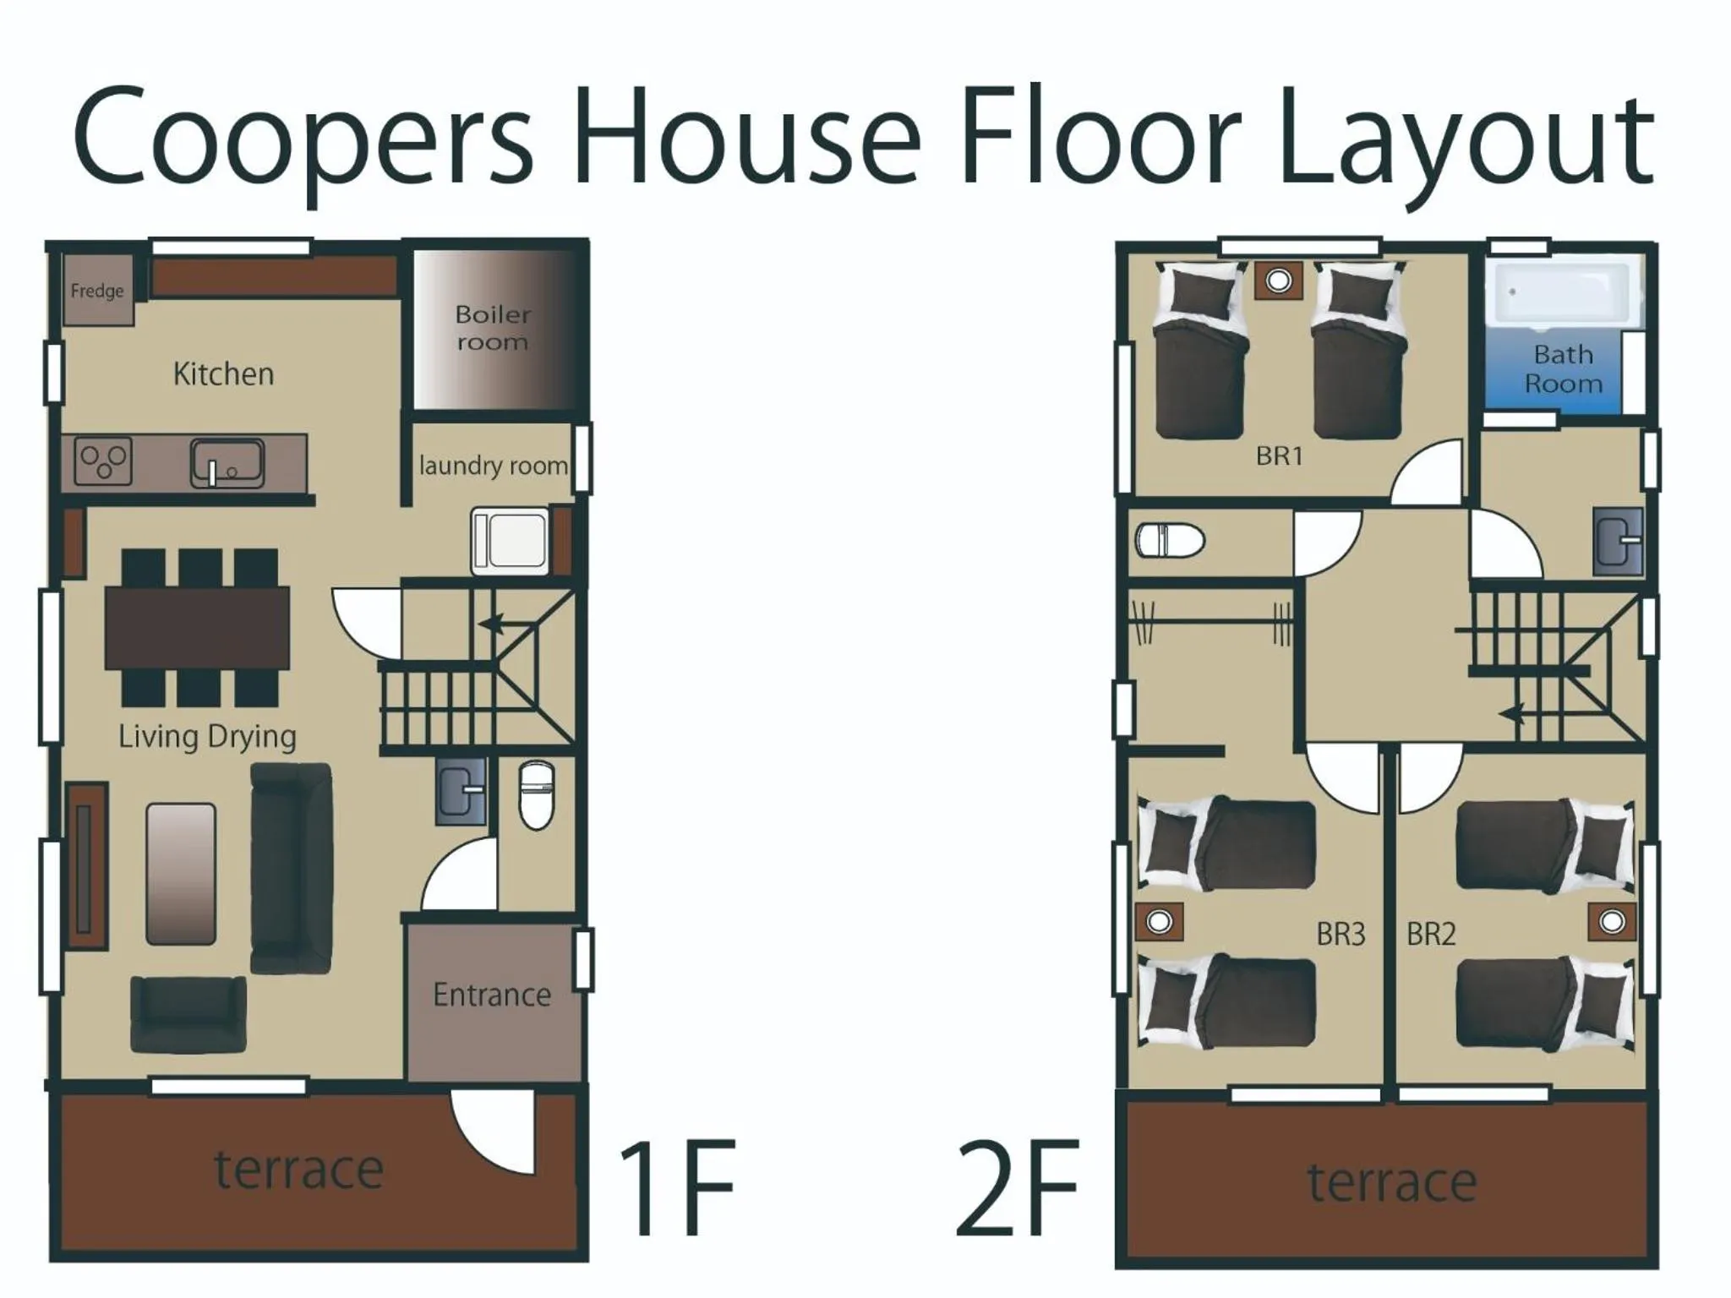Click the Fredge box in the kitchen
[x=98, y=290]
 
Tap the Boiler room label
[x=493, y=328]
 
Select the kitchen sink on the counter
[x=227, y=464]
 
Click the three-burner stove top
[x=103, y=461]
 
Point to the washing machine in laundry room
[x=510, y=540]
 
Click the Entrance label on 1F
[x=491, y=995]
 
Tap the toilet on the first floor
[x=536, y=795]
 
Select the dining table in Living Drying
[x=197, y=628]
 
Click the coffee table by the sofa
[x=180, y=873]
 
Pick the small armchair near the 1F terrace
[x=188, y=1013]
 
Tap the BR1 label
[x=1279, y=456]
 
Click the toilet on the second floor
[x=1169, y=540]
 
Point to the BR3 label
[x=1341, y=934]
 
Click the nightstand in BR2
[x=1611, y=921]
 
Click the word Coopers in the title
[x=303, y=139]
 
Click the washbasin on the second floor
[x=1618, y=541]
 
